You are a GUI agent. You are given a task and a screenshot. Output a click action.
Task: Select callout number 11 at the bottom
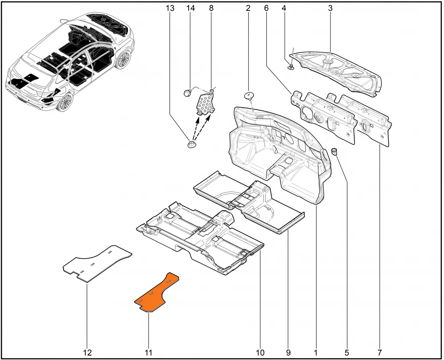click(x=148, y=352)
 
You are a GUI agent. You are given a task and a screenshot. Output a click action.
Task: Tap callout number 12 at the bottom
click(x=87, y=352)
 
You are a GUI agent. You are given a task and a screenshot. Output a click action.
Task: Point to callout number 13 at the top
click(x=170, y=8)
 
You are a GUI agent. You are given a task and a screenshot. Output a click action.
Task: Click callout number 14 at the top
click(x=190, y=8)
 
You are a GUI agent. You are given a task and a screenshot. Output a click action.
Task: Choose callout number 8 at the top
click(x=211, y=8)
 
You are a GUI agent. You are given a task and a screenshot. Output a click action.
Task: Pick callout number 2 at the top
click(x=248, y=8)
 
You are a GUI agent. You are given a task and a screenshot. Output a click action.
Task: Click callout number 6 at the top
click(x=266, y=8)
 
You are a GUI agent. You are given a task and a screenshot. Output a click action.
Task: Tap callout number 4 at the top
click(x=284, y=8)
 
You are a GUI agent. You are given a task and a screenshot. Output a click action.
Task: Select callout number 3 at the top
click(x=330, y=8)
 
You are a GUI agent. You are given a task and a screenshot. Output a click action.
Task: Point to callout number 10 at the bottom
click(x=260, y=352)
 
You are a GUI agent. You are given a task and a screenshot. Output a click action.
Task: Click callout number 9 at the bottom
click(x=288, y=352)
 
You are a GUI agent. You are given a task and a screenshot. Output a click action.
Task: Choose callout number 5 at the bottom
click(x=347, y=352)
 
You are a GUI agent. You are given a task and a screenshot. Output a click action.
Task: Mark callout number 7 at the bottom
click(x=380, y=352)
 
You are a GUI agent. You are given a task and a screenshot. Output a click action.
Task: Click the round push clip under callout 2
click(x=249, y=96)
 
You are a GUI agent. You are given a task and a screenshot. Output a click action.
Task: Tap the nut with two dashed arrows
click(x=192, y=144)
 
